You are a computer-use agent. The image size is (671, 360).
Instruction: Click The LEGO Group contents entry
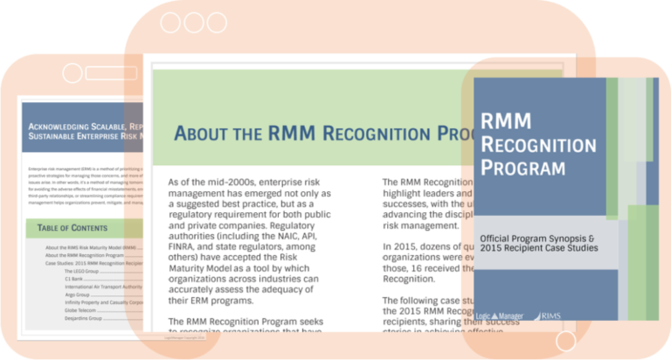83,271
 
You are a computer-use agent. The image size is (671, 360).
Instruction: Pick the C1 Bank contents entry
75,279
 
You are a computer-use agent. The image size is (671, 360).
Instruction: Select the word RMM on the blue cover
508,121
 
